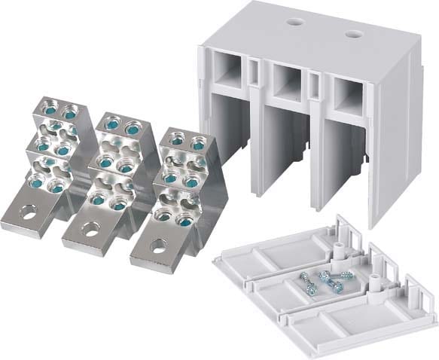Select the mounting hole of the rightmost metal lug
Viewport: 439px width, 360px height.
click(159, 244)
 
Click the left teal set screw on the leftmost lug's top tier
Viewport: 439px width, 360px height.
click(49, 108)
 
